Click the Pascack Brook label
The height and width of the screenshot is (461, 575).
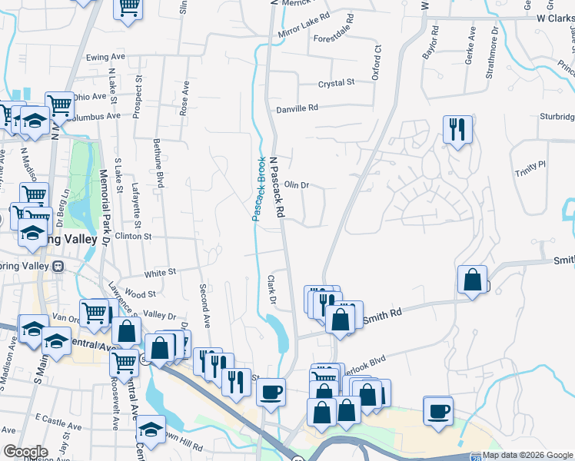[x=259, y=189]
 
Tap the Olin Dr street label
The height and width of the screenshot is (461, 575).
[x=296, y=185]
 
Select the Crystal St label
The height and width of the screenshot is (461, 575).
[x=337, y=82]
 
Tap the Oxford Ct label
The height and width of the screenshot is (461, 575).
[x=377, y=61]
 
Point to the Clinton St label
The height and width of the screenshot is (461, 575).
[x=134, y=237]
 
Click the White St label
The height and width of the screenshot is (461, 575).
[x=161, y=272]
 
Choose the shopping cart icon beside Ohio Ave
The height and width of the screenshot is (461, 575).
[x=58, y=105]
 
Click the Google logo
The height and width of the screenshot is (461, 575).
[x=25, y=452]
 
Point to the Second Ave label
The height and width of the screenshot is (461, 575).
[x=205, y=305]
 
